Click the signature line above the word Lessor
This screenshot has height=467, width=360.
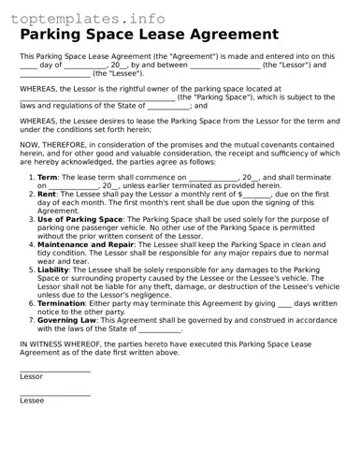pyautogui.click(x=54, y=371)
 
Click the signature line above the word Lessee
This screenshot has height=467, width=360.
pyautogui.click(x=54, y=395)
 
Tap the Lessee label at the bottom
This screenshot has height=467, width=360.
pyautogui.click(x=32, y=401)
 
